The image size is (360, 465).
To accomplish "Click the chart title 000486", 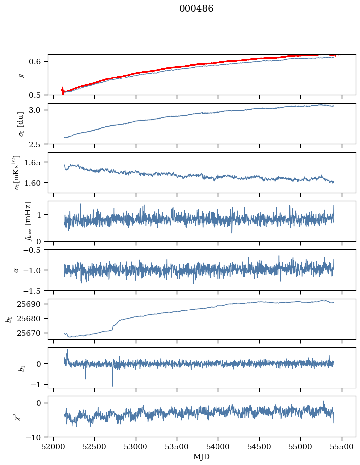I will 196,9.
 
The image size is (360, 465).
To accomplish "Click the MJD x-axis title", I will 202,457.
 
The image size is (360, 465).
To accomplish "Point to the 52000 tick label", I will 54,446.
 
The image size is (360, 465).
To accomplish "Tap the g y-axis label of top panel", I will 21,75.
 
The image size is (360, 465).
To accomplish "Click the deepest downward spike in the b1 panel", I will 112,386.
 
